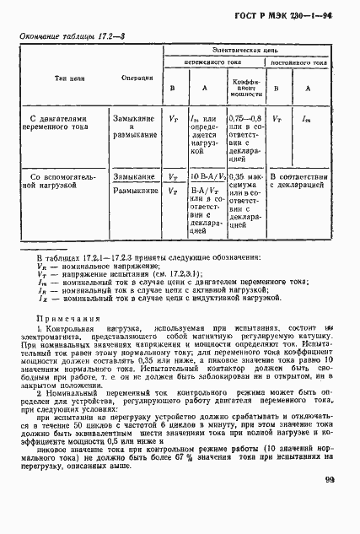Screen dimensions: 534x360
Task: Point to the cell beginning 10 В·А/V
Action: click(206, 178)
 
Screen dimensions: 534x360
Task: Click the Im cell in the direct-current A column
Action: click(307, 121)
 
